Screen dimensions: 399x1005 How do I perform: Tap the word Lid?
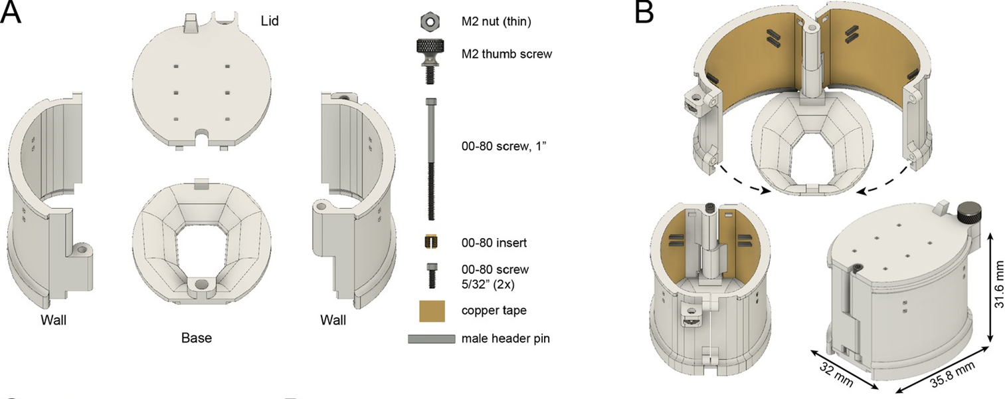pyautogui.click(x=270, y=21)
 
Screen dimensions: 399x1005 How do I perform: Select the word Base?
pyautogui.click(x=197, y=338)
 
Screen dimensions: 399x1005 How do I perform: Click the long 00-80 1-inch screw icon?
pyautogui.click(x=430, y=158)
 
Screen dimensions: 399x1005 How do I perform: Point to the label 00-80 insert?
pyautogui.click(x=494, y=243)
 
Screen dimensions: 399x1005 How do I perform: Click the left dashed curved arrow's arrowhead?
pyautogui.click(x=766, y=192)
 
